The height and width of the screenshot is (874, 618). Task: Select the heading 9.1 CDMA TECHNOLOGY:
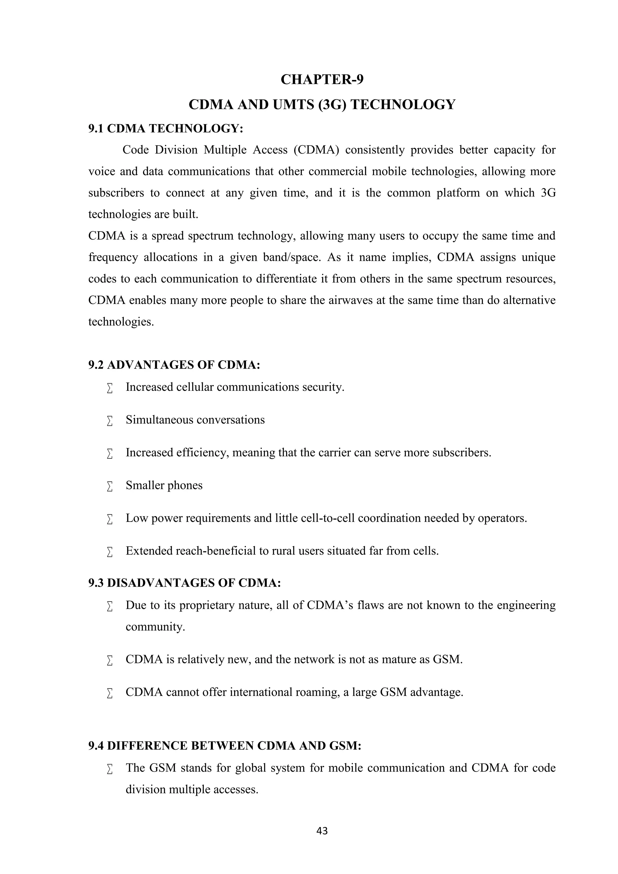pos(166,128)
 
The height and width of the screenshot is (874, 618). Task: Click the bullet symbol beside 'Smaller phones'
pos(110,486)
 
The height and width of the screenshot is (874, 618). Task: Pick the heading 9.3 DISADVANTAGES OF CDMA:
pos(185,583)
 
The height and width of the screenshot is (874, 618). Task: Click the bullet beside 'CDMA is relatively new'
pos(110,660)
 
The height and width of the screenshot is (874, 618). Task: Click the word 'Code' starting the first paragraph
pos(135,150)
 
